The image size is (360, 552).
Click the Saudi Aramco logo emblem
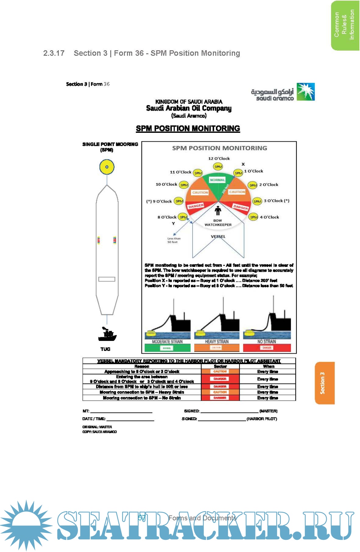tap(305, 92)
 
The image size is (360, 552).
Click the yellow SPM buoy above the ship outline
tap(107, 167)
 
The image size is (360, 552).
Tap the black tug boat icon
tap(107, 334)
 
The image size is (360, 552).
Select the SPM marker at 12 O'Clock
tap(218, 167)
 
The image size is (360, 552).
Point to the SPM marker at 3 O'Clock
tap(257, 201)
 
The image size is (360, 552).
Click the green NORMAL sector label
tap(217, 180)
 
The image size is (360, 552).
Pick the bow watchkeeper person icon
tap(218, 211)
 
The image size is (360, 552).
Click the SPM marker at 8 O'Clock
tap(183, 217)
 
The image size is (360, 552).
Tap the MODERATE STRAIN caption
tap(167, 341)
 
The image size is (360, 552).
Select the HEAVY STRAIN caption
tap(217, 341)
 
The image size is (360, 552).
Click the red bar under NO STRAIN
tap(267, 348)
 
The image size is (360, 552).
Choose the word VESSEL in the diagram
tap(218, 236)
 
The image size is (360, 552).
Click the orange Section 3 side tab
tap(324, 383)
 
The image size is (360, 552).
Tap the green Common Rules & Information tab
tap(344, 25)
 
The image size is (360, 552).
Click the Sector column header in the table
tap(220, 366)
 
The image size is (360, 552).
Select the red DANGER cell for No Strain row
tap(220, 398)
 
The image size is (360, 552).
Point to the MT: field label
tap(86, 411)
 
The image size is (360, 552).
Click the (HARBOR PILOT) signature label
tap(262, 419)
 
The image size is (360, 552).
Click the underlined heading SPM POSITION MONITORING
tap(188, 129)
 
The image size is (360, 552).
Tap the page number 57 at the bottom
tap(142, 518)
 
